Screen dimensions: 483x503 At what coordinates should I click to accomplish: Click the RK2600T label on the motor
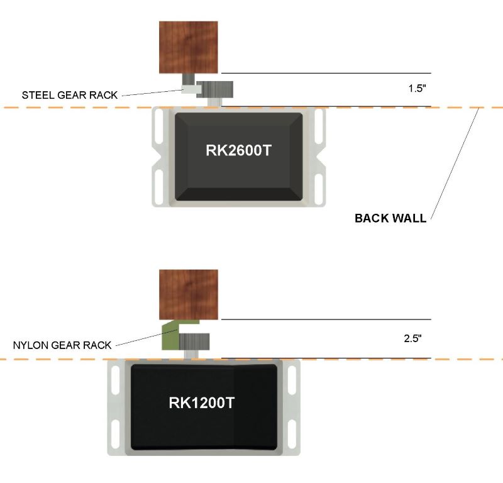[x=238, y=151]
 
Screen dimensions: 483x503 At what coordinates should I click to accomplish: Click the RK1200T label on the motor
[x=202, y=403]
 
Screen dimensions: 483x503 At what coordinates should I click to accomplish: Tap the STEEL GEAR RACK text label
[x=70, y=96]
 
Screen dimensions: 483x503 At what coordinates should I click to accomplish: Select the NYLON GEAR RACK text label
[x=62, y=345]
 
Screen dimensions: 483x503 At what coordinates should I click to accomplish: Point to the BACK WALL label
[x=390, y=218]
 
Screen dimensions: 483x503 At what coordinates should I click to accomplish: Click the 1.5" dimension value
[x=417, y=89]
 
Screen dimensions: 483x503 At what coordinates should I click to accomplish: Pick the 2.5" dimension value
[x=412, y=338]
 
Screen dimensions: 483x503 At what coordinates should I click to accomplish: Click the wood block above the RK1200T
[x=189, y=294]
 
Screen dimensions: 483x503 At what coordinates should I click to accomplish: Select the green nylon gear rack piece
[x=170, y=336]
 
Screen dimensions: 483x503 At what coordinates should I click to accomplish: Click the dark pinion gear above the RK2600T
[x=215, y=89]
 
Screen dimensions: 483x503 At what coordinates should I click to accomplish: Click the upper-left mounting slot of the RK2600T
[x=158, y=125]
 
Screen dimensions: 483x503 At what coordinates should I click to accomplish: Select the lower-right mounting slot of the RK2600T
[x=319, y=187]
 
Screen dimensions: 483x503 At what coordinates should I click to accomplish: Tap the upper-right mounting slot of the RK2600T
[x=319, y=125]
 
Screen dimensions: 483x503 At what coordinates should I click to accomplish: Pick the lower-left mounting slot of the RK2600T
[x=158, y=187]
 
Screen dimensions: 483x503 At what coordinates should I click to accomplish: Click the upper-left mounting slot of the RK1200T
[x=116, y=380]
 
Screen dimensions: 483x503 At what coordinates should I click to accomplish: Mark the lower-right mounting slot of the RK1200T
[x=291, y=434]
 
